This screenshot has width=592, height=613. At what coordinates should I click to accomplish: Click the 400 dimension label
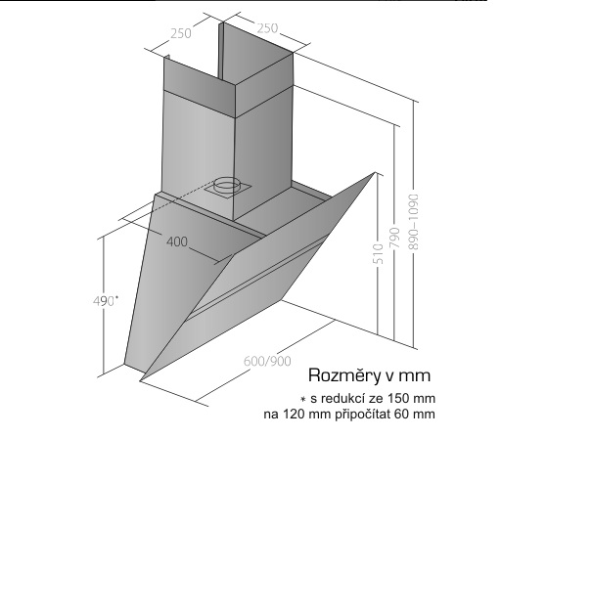point(177,242)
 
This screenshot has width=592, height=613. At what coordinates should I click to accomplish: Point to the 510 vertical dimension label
point(377,256)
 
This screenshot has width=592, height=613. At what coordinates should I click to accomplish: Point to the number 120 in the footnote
point(294,415)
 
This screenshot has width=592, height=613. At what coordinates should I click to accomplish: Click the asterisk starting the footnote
point(304,399)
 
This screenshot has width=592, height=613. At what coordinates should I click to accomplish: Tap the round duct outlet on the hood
point(226,183)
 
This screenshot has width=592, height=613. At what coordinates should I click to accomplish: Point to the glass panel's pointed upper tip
point(374,174)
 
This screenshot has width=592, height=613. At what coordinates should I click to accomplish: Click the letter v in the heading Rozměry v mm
point(388,375)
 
